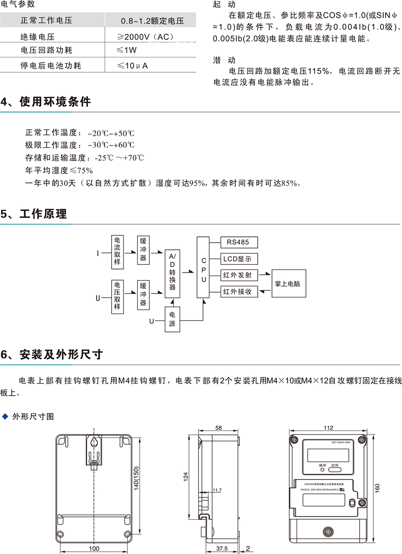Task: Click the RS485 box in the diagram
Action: pos(239,242)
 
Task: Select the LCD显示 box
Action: pos(239,259)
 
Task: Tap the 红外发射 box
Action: pos(239,275)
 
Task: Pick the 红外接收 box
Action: pos(239,292)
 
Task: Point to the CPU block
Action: pos(203,268)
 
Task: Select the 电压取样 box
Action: pos(117,296)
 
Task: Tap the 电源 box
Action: pos(172,319)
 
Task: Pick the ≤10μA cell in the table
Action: pos(133,66)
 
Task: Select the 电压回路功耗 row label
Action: pos(46,51)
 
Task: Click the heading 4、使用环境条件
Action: pos(46,102)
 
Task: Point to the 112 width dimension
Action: pos(328,428)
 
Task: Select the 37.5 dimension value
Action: pos(222,548)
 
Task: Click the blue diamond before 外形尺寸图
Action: pos(5,417)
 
